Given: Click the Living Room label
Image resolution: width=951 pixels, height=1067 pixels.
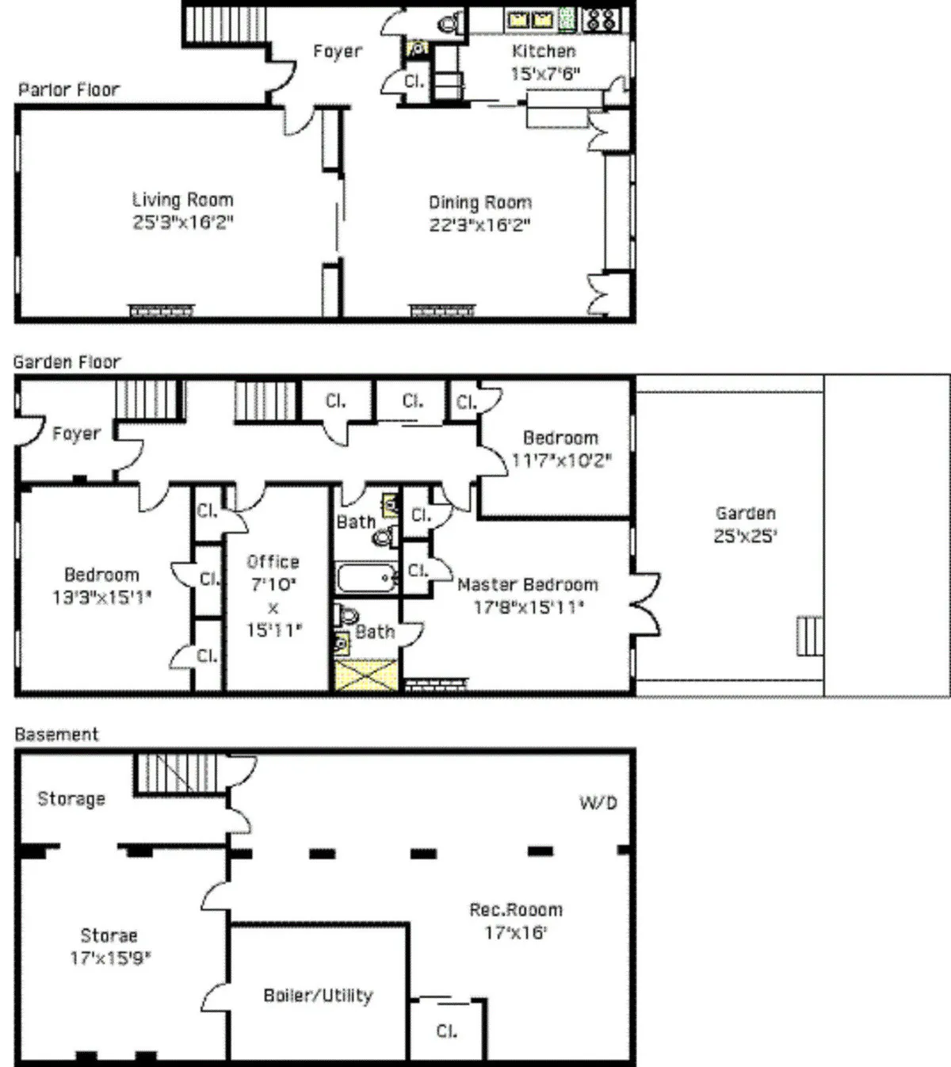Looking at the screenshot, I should pos(183,200).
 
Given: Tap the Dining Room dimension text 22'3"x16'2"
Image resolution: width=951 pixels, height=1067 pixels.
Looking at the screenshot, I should pos(479,224).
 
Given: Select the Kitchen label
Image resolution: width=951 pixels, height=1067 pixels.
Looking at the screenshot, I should pos(544,52).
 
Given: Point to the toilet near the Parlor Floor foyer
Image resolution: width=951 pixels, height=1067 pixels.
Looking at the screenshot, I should pos(449,24).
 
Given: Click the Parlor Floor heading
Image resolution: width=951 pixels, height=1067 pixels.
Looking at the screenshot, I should pos(69,90).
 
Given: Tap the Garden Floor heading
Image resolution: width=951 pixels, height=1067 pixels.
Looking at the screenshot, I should pos(67,362).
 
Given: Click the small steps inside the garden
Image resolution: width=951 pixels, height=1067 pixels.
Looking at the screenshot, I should pos(808,636).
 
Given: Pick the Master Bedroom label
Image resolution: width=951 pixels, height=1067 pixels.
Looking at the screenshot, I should pos(528,585).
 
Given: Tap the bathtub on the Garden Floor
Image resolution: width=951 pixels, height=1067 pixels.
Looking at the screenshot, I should pos(365,578).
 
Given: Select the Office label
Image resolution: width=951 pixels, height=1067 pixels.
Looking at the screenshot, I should pos(273,562).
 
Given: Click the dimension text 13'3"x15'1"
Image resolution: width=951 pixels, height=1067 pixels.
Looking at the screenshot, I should pos(101,597).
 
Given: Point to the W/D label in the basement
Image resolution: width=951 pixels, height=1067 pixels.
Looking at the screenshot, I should pos(598,803).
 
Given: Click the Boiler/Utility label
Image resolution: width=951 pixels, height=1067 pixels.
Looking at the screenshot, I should pos(318,996).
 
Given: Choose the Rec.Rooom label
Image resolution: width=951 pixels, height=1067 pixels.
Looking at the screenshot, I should pos(516,910).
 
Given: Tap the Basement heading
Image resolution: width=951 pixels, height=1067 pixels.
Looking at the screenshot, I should pos(57,734).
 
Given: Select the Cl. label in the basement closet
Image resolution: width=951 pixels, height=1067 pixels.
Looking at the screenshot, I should pos(446,1031).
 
